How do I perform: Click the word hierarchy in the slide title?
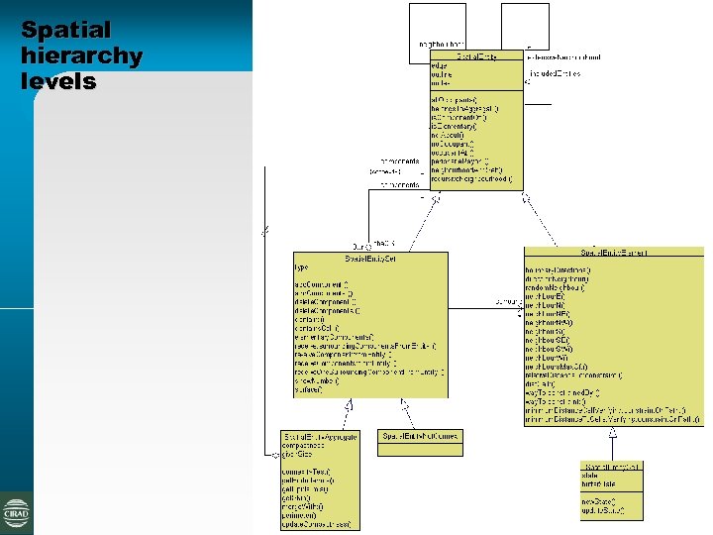81,55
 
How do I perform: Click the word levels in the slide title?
58,81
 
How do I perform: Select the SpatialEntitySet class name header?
369,258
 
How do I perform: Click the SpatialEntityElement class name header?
614,253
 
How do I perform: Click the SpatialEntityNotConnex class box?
421,442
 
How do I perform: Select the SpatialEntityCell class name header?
612,466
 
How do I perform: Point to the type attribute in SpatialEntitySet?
302,268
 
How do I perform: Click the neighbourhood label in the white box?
437,45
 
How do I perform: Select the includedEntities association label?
555,73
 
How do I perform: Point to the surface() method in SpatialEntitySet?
308,390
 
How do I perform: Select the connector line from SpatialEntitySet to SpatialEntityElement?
485,301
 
